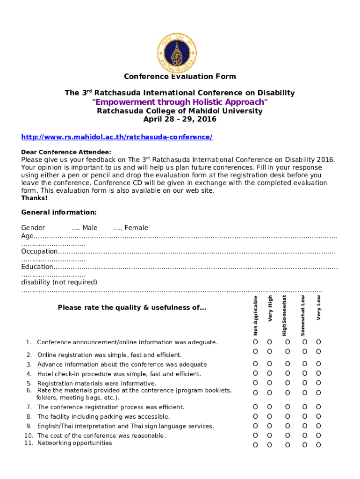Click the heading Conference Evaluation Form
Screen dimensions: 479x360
[x=180, y=77]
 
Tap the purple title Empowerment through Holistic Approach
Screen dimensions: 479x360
[x=180, y=102]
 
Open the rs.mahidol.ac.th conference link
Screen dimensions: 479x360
[x=117, y=137]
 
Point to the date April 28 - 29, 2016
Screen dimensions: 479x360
[x=180, y=119]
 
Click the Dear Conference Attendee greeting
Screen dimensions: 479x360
[x=66, y=152]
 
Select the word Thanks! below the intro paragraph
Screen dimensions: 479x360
[x=34, y=198]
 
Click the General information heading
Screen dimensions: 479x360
[x=59, y=212]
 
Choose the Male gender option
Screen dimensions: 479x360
[x=85, y=228]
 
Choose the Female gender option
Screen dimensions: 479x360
[x=131, y=228]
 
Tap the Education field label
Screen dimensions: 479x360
[x=37, y=267]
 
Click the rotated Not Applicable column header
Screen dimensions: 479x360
[x=255, y=315]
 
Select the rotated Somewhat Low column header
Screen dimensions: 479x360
[x=303, y=315]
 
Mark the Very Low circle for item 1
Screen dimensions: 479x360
[x=318, y=342]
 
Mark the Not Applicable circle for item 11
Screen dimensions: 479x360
[x=255, y=445]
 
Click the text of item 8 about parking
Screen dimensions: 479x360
[x=103, y=416]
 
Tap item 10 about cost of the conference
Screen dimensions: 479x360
[x=101, y=435]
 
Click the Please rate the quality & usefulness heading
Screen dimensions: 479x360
[x=132, y=307]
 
